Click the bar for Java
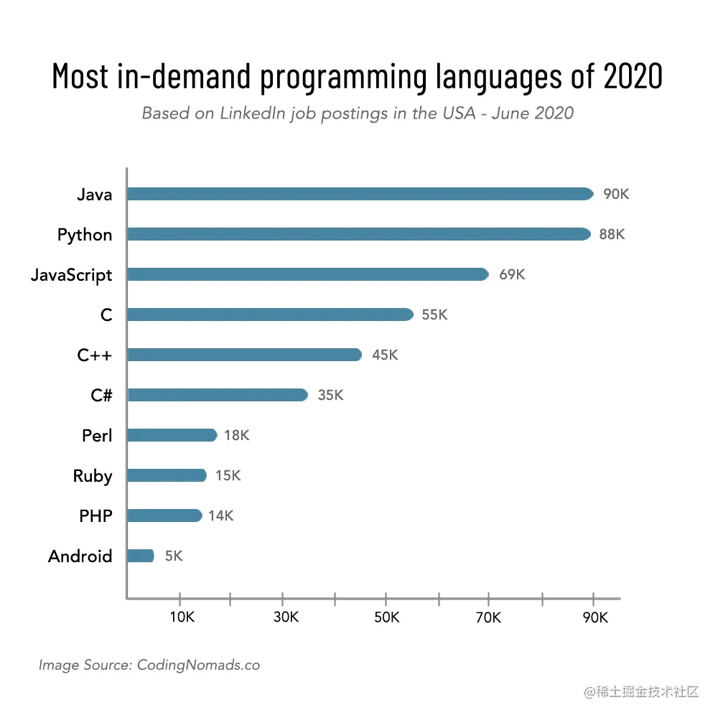tap(359, 194)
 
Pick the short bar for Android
tap(140, 556)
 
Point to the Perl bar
tap(172, 435)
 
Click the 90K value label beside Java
tap(616, 195)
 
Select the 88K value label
tap(612, 235)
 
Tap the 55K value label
tap(434, 315)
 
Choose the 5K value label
tap(174, 556)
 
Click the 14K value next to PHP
tap(221, 516)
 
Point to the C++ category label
tap(95, 355)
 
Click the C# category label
tap(101, 395)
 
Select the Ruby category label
tap(93, 476)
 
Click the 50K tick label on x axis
tap(386, 618)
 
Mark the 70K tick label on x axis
tap(488, 618)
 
